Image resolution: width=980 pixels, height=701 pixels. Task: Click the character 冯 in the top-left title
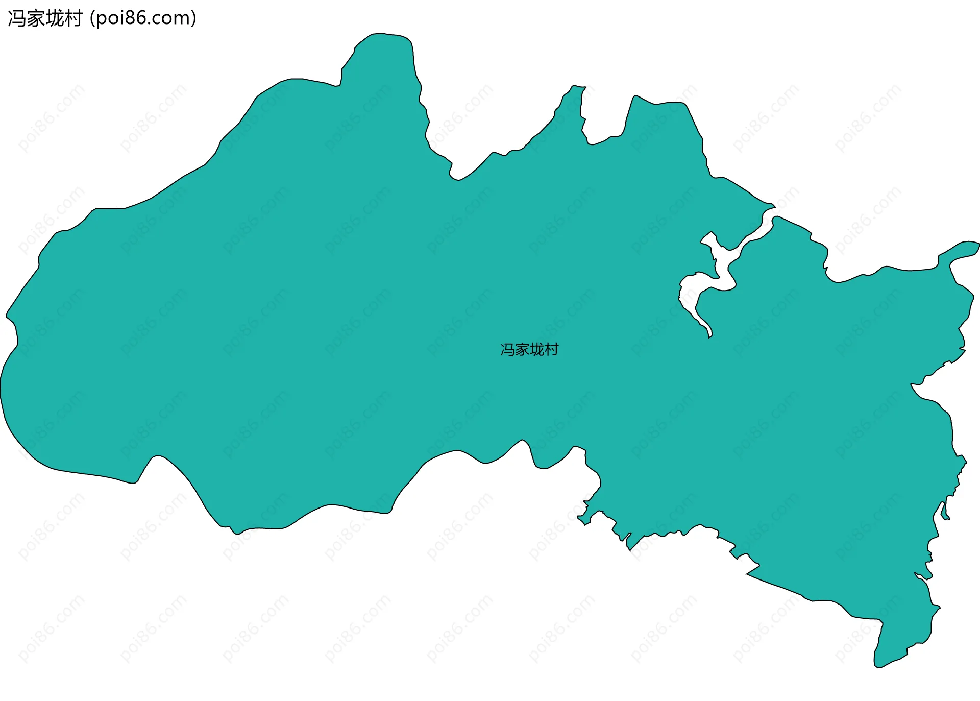17,19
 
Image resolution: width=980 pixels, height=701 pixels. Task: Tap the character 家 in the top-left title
36,19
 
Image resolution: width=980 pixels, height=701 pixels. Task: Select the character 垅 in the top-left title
55,19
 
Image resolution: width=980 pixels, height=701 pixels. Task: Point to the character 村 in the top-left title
73,19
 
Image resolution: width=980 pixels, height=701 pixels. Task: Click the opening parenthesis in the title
92,19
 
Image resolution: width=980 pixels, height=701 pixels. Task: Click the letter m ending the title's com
181,19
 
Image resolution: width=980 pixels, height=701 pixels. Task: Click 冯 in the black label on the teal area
507,350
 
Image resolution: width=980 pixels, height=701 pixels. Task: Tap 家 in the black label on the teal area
522,350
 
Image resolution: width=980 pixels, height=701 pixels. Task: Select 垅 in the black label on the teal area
537,350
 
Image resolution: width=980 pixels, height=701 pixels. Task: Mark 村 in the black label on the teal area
552,350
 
